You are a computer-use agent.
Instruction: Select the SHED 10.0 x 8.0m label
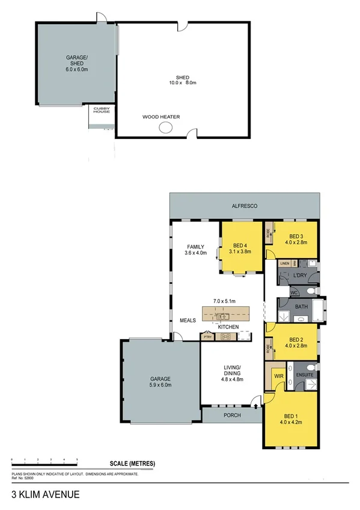pyautogui.click(x=183, y=81)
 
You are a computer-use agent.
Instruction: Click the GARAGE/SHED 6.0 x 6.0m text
pyautogui.click(x=77, y=63)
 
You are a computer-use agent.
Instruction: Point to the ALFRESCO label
pyautogui.click(x=245, y=206)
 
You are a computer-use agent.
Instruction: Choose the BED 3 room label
pyautogui.click(x=296, y=239)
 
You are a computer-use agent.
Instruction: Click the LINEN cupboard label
pyautogui.click(x=284, y=263)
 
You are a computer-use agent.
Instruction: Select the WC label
pyautogui.click(x=294, y=293)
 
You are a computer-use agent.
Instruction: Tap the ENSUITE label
pyautogui.click(x=304, y=375)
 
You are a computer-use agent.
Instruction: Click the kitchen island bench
pyautogui.click(x=225, y=314)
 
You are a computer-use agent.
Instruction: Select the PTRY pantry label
pyautogui.click(x=207, y=337)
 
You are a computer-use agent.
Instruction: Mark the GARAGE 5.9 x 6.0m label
pyautogui.click(x=160, y=382)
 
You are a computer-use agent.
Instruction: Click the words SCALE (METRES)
pyautogui.click(x=132, y=463)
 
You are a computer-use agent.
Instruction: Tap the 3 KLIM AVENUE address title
pyautogui.click(x=45, y=497)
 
